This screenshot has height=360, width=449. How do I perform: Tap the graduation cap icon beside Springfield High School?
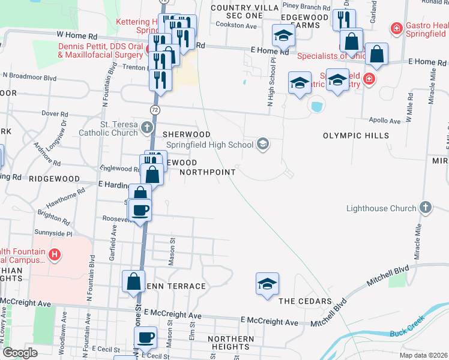[262, 144]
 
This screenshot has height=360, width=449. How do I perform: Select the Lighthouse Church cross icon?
[425, 208]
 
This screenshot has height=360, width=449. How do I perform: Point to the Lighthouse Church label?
[381, 209]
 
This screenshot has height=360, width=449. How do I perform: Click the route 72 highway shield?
[155, 109]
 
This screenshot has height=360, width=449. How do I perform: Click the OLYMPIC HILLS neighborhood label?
[355, 136]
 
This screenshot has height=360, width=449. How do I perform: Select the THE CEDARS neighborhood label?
[304, 301]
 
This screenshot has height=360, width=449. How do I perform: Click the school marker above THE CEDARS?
[267, 283]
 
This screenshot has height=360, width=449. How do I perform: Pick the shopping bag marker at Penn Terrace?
[133, 281]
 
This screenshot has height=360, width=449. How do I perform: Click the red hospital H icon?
[55, 255]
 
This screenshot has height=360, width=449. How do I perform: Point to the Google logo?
[20, 353]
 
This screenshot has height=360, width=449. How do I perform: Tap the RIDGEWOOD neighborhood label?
[54, 179]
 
